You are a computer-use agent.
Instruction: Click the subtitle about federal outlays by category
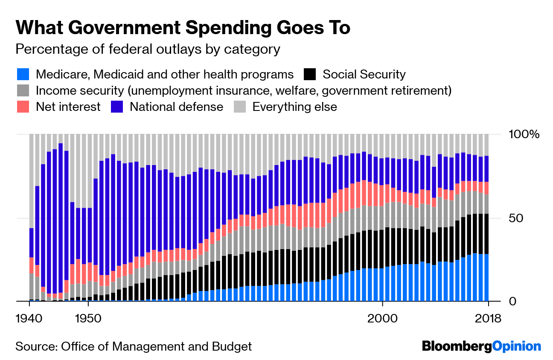point(148,49)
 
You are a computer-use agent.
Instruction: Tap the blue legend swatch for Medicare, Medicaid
point(23,75)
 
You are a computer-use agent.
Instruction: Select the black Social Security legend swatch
point(310,75)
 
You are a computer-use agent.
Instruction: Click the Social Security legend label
point(364,75)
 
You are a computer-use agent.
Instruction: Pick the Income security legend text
point(244,90)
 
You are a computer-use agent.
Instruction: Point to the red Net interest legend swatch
point(23,107)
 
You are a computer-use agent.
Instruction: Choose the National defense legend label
point(176,107)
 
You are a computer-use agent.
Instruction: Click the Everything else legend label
point(294,107)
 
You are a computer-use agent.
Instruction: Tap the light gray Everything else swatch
point(240,107)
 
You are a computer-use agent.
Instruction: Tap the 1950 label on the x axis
point(88,318)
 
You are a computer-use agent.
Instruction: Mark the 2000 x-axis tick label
point(383,318)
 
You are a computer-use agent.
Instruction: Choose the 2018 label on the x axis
point(487,318)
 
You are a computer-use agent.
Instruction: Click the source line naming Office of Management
point(134,346)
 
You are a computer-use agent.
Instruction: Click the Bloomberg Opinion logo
point(481,346)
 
